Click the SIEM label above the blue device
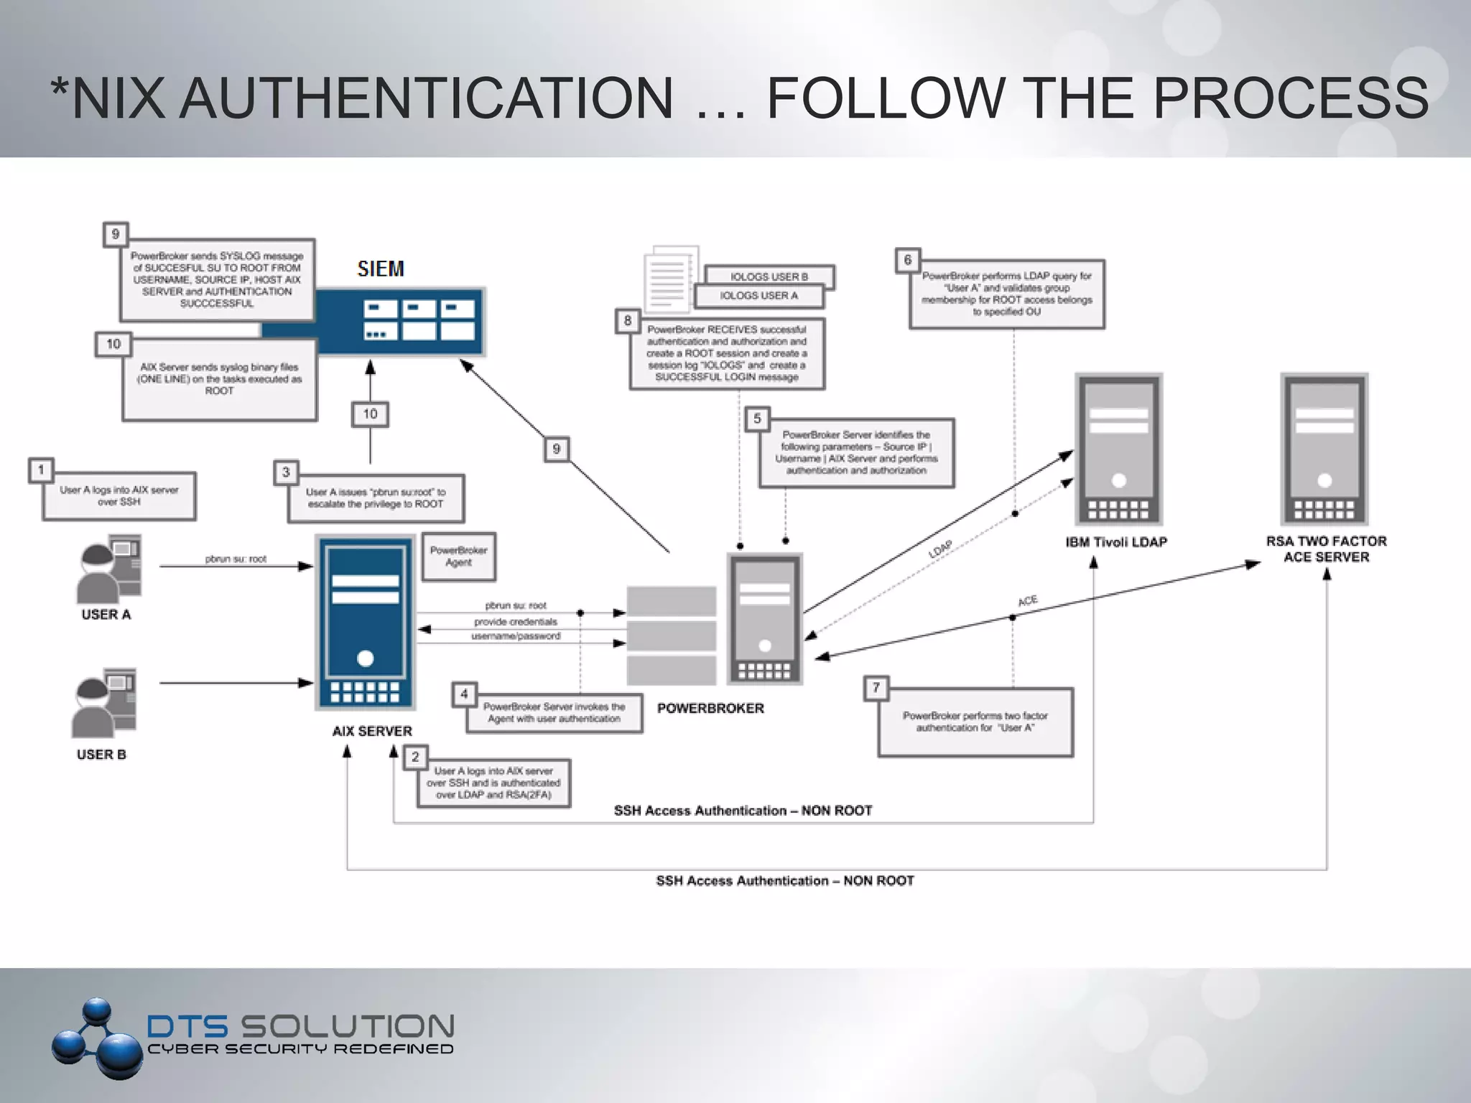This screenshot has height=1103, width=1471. coord(381,269)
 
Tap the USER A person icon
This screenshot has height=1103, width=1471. coord(108,569)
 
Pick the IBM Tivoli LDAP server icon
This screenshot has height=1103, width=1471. coord(1118,450)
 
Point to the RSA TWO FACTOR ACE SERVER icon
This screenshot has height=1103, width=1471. coord(1324,450)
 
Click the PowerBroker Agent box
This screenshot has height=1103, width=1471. coord(458,557)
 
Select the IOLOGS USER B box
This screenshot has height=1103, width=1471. coord(769,276)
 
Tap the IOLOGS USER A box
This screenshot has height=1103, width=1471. coord(758,295)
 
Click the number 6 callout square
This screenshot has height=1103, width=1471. coord(908,260)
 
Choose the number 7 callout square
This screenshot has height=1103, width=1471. coord(876,688)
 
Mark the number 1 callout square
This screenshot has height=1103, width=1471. coord(41,470)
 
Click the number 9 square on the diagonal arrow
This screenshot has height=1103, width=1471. coord(556,450)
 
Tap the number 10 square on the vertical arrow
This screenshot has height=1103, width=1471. coord(370,414)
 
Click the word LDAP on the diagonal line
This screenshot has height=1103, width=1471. coord(940,549)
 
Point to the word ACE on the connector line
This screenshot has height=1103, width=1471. coord(1028,600)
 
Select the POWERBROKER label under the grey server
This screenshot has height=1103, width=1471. coord(710,709)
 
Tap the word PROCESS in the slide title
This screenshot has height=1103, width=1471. coord(1290,98)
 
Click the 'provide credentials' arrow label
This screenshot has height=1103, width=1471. coord(515,622)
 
